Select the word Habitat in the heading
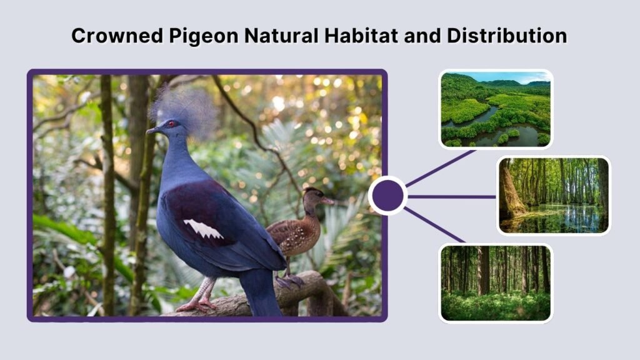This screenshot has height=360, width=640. pos(361,36)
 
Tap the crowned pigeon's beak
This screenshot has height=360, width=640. pos(152,131)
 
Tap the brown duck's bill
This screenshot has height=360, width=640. pos(328,201)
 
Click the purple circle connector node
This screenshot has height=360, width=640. pos(387,196)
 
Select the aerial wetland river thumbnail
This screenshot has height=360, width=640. pos(496,109)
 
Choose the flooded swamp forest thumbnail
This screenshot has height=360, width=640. pos(553,195)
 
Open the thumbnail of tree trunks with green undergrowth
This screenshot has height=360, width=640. pos(496,282)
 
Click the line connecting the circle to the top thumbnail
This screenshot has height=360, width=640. pos(441,168)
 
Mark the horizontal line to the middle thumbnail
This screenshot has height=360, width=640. pos(453,196)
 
